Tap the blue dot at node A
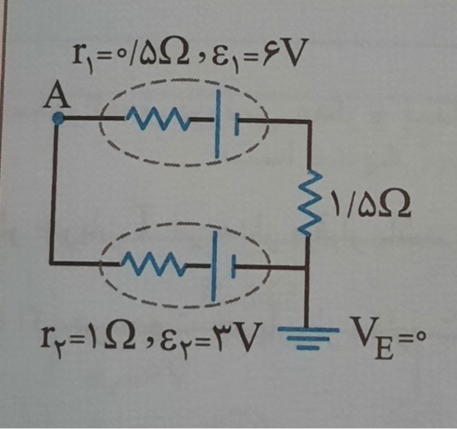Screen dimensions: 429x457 tap(57, 119)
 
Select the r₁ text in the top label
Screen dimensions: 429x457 tap(81, 56)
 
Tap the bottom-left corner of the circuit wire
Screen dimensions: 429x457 tap(53, 263)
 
